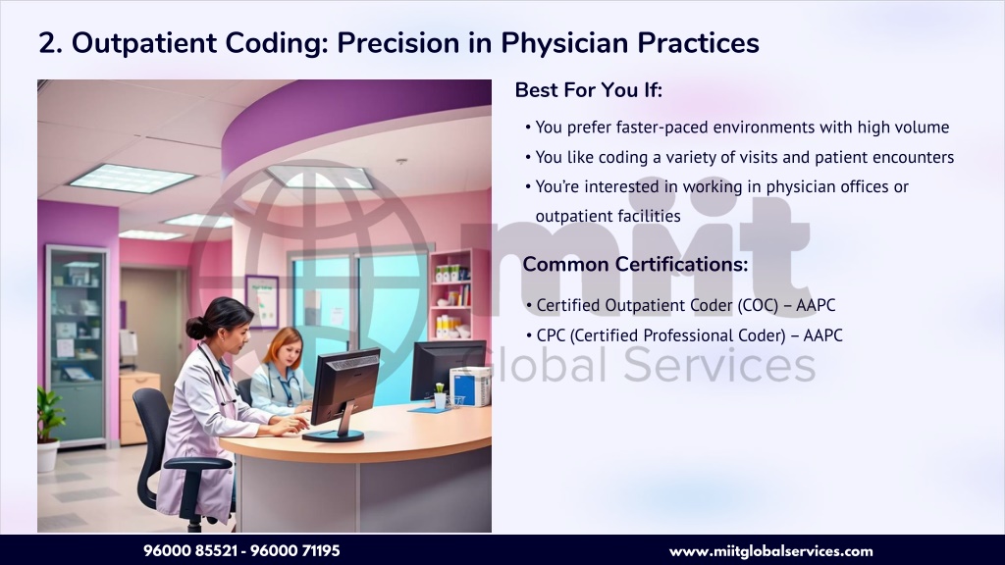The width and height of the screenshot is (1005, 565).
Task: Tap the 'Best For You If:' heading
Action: [589, 90]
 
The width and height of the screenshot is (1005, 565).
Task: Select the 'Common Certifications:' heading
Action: [635, 264]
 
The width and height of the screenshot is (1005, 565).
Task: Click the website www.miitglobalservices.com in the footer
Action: [771, 551]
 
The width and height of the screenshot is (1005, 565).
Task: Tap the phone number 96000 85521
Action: [190, 551]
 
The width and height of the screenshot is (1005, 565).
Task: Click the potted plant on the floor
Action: [49, 430]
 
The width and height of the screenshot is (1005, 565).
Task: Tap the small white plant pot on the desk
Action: [440, 401]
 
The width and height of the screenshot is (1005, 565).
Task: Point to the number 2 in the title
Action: [47, 43]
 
